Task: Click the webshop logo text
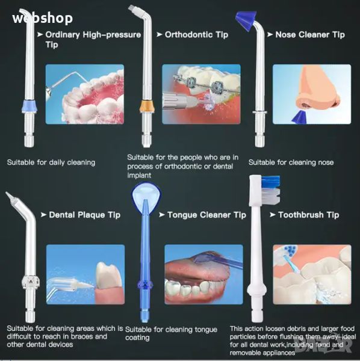point(43,19)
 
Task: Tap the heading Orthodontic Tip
point(196,35)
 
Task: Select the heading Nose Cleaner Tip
point(310,35)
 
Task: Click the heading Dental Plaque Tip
point(84,215)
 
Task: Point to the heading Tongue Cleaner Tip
point(206,215)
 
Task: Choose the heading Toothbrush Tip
point(309,215)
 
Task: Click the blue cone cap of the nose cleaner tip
point(246,20)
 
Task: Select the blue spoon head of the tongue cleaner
point(146,193)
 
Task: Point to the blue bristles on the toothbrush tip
point(271,181)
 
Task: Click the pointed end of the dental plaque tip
point(6,193)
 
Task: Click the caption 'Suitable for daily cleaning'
point(51,162)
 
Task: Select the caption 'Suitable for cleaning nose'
point(291,162)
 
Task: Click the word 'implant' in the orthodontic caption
point(139,176)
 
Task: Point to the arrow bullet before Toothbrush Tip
point(273,215)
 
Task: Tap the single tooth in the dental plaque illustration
point(108,276)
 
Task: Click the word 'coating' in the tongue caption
point(137,338)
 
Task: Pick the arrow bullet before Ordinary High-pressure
point(40,35)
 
